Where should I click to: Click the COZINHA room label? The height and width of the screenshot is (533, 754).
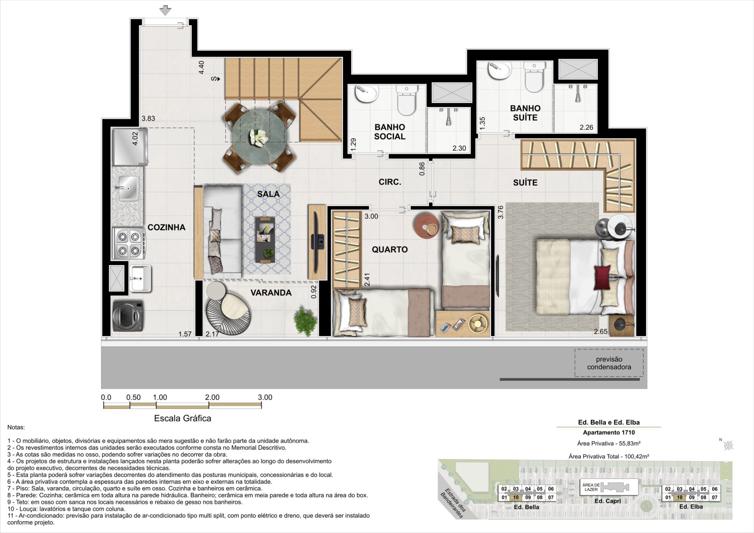point(167,227)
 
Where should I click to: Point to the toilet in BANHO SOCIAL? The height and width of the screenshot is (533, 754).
point(406,101)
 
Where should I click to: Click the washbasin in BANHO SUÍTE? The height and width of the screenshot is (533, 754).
point(500,70)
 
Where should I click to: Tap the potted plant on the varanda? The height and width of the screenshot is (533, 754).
point(306,321)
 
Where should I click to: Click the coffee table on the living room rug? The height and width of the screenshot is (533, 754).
point(265,240)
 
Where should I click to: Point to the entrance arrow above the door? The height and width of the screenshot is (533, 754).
point(165,11)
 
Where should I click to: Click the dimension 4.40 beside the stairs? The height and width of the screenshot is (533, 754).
point(201,67)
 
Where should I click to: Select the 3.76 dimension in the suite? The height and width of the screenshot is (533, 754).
point(500,212)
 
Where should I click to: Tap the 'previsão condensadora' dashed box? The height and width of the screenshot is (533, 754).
point(609,363)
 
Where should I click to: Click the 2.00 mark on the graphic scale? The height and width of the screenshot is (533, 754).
point(212,397)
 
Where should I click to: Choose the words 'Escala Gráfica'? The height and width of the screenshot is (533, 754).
point(183,418)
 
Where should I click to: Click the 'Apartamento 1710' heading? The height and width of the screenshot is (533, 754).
point(609,432)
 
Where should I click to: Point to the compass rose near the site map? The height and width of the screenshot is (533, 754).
point(728,445)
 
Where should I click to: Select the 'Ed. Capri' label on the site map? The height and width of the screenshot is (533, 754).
point(608,501)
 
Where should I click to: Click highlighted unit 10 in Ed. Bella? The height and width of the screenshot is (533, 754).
point(516,497)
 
